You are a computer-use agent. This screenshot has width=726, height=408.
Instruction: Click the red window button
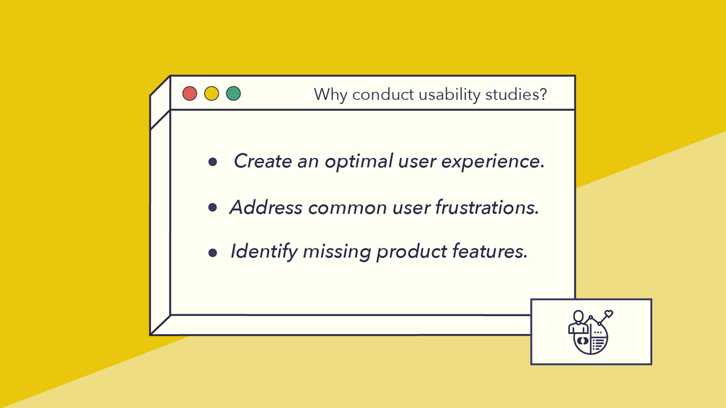(x=189, y=93)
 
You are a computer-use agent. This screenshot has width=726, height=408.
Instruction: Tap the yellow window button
(x=211, y=93)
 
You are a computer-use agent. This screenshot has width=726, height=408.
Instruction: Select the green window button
(x=233, y=93)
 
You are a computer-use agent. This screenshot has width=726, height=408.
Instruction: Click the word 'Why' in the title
(x=328, y=95)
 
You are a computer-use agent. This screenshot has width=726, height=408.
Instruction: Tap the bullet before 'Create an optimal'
(x=213, y=162)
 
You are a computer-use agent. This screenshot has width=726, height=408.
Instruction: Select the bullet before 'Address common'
(x=213, y=208)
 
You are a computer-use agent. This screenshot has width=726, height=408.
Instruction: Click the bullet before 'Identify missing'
(x=213, y=253)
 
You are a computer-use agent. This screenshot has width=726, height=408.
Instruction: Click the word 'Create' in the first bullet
(x=263, y=162)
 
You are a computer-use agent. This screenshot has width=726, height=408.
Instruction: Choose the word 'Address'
(x=266, y=207)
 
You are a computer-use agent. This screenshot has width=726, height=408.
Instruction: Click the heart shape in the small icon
(x=609, y=315)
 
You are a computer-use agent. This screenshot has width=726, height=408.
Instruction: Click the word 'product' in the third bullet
(x=412, y=252)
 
